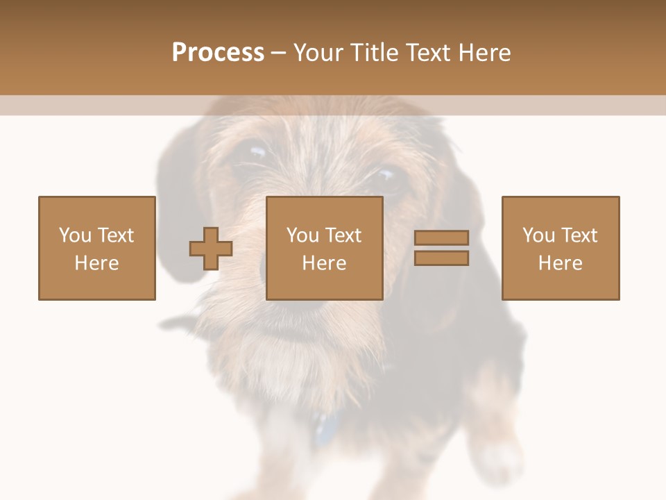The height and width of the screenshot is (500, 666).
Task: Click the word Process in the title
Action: click(x=218, y=53)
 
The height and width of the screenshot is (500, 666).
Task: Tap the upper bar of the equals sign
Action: click(x=441, y=237)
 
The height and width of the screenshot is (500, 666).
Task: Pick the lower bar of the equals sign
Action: click(x=441, y=258)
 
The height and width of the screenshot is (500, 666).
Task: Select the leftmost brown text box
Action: click(x=97, y=248)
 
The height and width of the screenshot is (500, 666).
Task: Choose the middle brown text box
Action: click(x=325, y=248)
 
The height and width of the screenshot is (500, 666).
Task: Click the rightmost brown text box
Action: click(x=561, y=248)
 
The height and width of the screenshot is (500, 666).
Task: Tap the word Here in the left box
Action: click(x=96, y=263)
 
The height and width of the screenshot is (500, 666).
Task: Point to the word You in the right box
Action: click(x=538, y=235)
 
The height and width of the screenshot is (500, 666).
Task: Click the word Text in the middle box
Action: click(x=343, y=235)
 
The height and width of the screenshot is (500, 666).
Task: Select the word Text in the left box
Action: click(x=116, y=235)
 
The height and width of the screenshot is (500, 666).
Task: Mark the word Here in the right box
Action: click(x=561, y=263)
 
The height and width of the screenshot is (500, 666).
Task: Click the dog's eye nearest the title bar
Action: click(x=255, y=151)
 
